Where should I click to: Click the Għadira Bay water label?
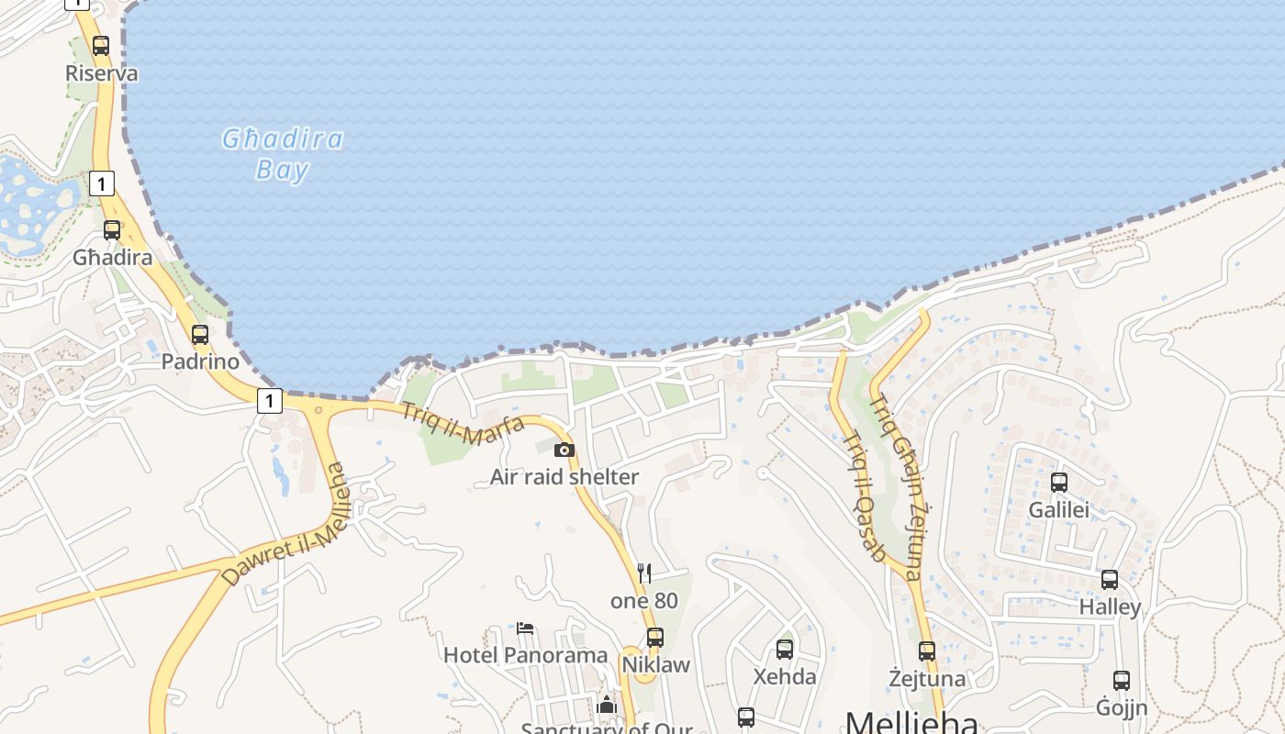pyautogui.click(x=283, y=154)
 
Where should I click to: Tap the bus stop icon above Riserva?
pyautogui.click(x=101, y=45)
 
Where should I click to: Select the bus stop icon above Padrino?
pyautogui.click(x=200, y=335)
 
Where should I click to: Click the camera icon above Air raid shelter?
pyautogui.click(x=564, y=450)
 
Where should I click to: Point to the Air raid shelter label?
pyautogui.click(x=564, y=477)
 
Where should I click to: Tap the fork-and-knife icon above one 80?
pyautogui.click(x=644, y=573)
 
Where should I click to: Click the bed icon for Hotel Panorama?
pyautogui.click(x=525, y=628)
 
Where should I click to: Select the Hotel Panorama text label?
pyautogui.click(x=525, y=655)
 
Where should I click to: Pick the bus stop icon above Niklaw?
pyautogui.click(x=655, y=637)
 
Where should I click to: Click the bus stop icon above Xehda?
pyautogui.click(x=785, y=650)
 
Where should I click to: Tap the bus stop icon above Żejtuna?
pyautogui.click(x=927, y=651)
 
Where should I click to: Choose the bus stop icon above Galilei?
pyautogui.click(x=1059, y=483)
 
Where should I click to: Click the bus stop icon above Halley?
pyautogui.click(x=1110, y=580)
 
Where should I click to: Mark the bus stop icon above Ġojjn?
pyautogui.click(x=1122, y=681)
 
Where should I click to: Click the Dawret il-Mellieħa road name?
pyautogui.click(x=285, y=525)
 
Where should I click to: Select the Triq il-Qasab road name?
pyautogui.click(x=864, y=495)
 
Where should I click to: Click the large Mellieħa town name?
pyautogui.click(x=911, y=721)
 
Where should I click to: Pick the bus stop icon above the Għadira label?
pyautogui.click(x=112, y=230)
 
